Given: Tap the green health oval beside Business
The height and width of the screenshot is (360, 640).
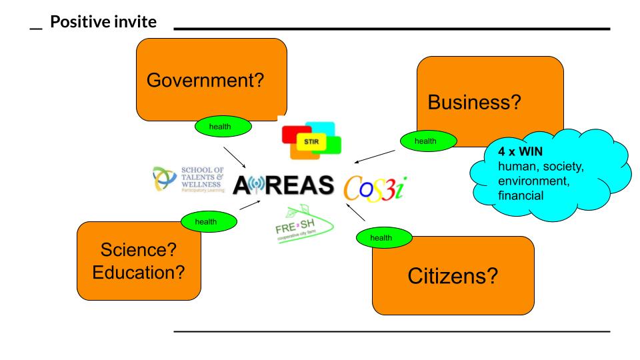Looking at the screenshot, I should (x=428, y=140).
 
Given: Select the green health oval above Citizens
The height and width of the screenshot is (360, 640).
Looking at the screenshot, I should (x=381, y=237).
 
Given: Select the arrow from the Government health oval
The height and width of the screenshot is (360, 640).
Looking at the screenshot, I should (x=236, y=155).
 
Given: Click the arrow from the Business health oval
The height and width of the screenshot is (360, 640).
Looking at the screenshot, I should (x=376, y=155).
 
